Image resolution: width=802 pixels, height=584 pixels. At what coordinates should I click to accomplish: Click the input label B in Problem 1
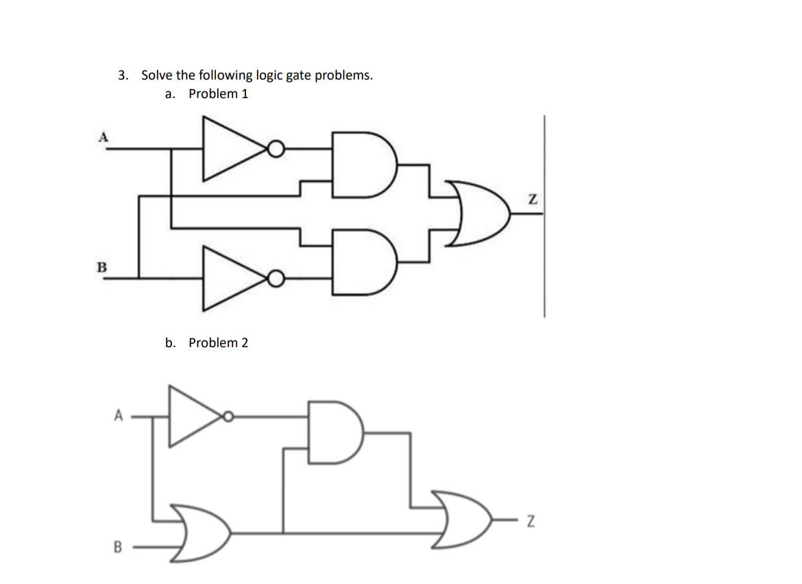[103, 267]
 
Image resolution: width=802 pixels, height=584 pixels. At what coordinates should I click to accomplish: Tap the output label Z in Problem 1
[532, 200]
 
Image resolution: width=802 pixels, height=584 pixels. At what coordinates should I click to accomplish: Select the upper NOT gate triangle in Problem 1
[230, 149]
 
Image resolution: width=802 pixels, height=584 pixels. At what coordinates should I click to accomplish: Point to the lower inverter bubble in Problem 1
[275, 279]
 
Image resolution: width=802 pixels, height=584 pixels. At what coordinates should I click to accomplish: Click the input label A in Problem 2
[119, 415]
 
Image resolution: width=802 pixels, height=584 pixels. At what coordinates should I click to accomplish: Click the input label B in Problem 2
[118, 548]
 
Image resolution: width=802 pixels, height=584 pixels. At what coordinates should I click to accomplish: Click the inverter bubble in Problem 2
[228, 416]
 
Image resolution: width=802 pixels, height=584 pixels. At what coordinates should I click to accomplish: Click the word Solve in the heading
[158, 75]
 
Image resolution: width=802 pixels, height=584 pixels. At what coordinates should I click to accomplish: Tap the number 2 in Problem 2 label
[244, 342]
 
